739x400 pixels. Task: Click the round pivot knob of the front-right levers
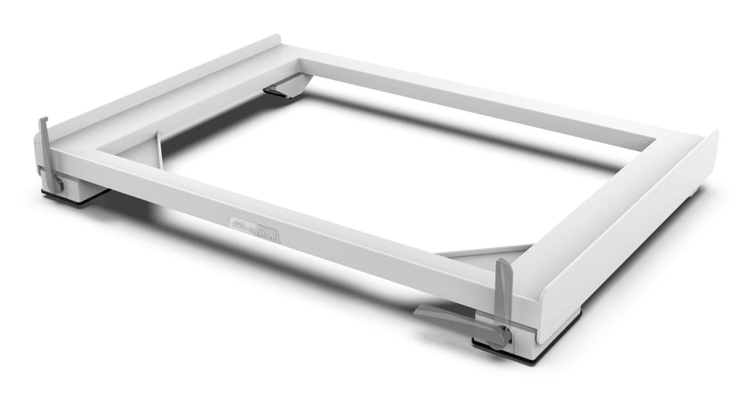(x=502, y=337)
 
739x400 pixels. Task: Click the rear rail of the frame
(x=480, y=98)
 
